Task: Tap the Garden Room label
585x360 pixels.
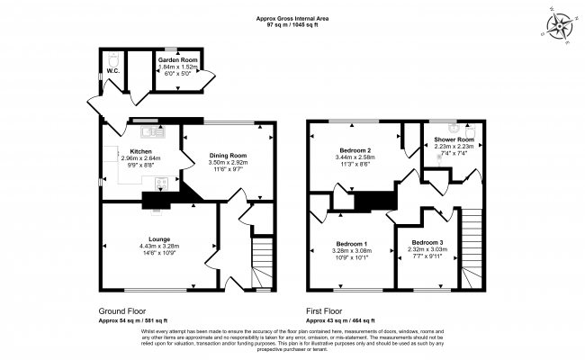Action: point(178,59)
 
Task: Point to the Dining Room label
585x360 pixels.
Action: point(228,156)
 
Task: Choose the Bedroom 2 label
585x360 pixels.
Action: point(355,150)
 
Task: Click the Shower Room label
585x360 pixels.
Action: point(454,139)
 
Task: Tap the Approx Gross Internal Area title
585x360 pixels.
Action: point(292,15)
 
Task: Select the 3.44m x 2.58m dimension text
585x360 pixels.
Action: point(355,157)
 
